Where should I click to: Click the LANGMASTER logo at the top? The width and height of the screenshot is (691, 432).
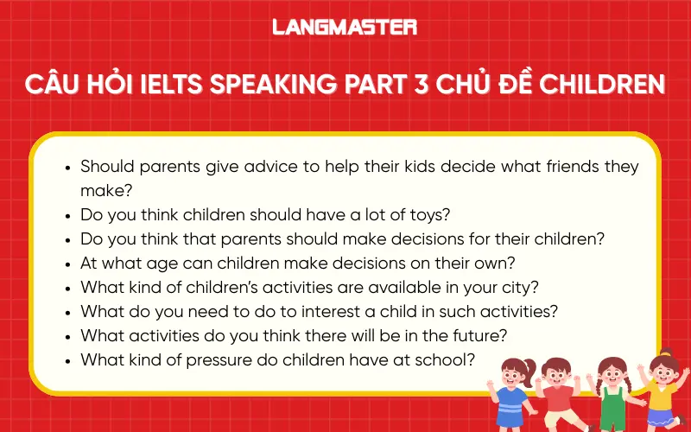345,27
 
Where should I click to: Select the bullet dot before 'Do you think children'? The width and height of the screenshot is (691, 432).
67,214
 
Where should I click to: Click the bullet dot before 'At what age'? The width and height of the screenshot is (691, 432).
67,263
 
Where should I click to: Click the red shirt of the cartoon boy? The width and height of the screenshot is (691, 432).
559,400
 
